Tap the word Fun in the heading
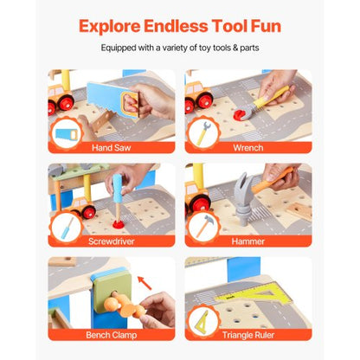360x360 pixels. pyautogui.click(x=260, y=25)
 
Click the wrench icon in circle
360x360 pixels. pyautogui.click(x=203, y=134)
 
